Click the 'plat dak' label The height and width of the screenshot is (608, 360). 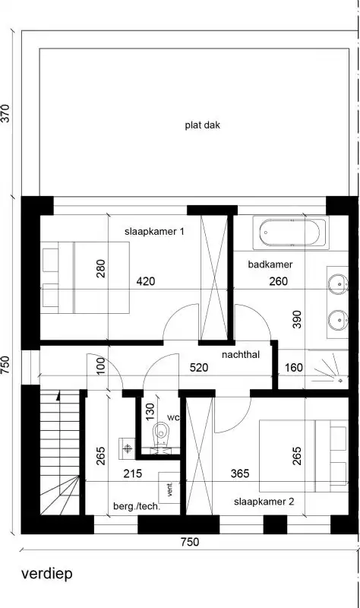tap(202, 125)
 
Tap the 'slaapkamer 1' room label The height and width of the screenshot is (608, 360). tap(155, 231)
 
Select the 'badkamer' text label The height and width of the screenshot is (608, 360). tap(270, 264)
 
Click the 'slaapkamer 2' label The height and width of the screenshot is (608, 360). tap(264, 502)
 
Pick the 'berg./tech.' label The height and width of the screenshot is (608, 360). tap(137, 505)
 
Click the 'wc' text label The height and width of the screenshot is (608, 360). tap(173, 417)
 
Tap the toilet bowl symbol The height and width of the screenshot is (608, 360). tap(160, 435)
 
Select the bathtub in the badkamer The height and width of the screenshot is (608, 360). tap(292, 233)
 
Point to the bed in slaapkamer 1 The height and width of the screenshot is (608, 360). tap(84, 277)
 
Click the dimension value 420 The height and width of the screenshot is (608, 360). tap(146, 281)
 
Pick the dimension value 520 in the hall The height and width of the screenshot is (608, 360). tap(199, 368)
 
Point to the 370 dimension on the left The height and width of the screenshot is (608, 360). tap(6, 114)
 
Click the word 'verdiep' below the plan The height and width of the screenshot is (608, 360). tap(47, 574)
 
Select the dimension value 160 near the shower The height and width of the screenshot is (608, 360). tap(294, 369)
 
